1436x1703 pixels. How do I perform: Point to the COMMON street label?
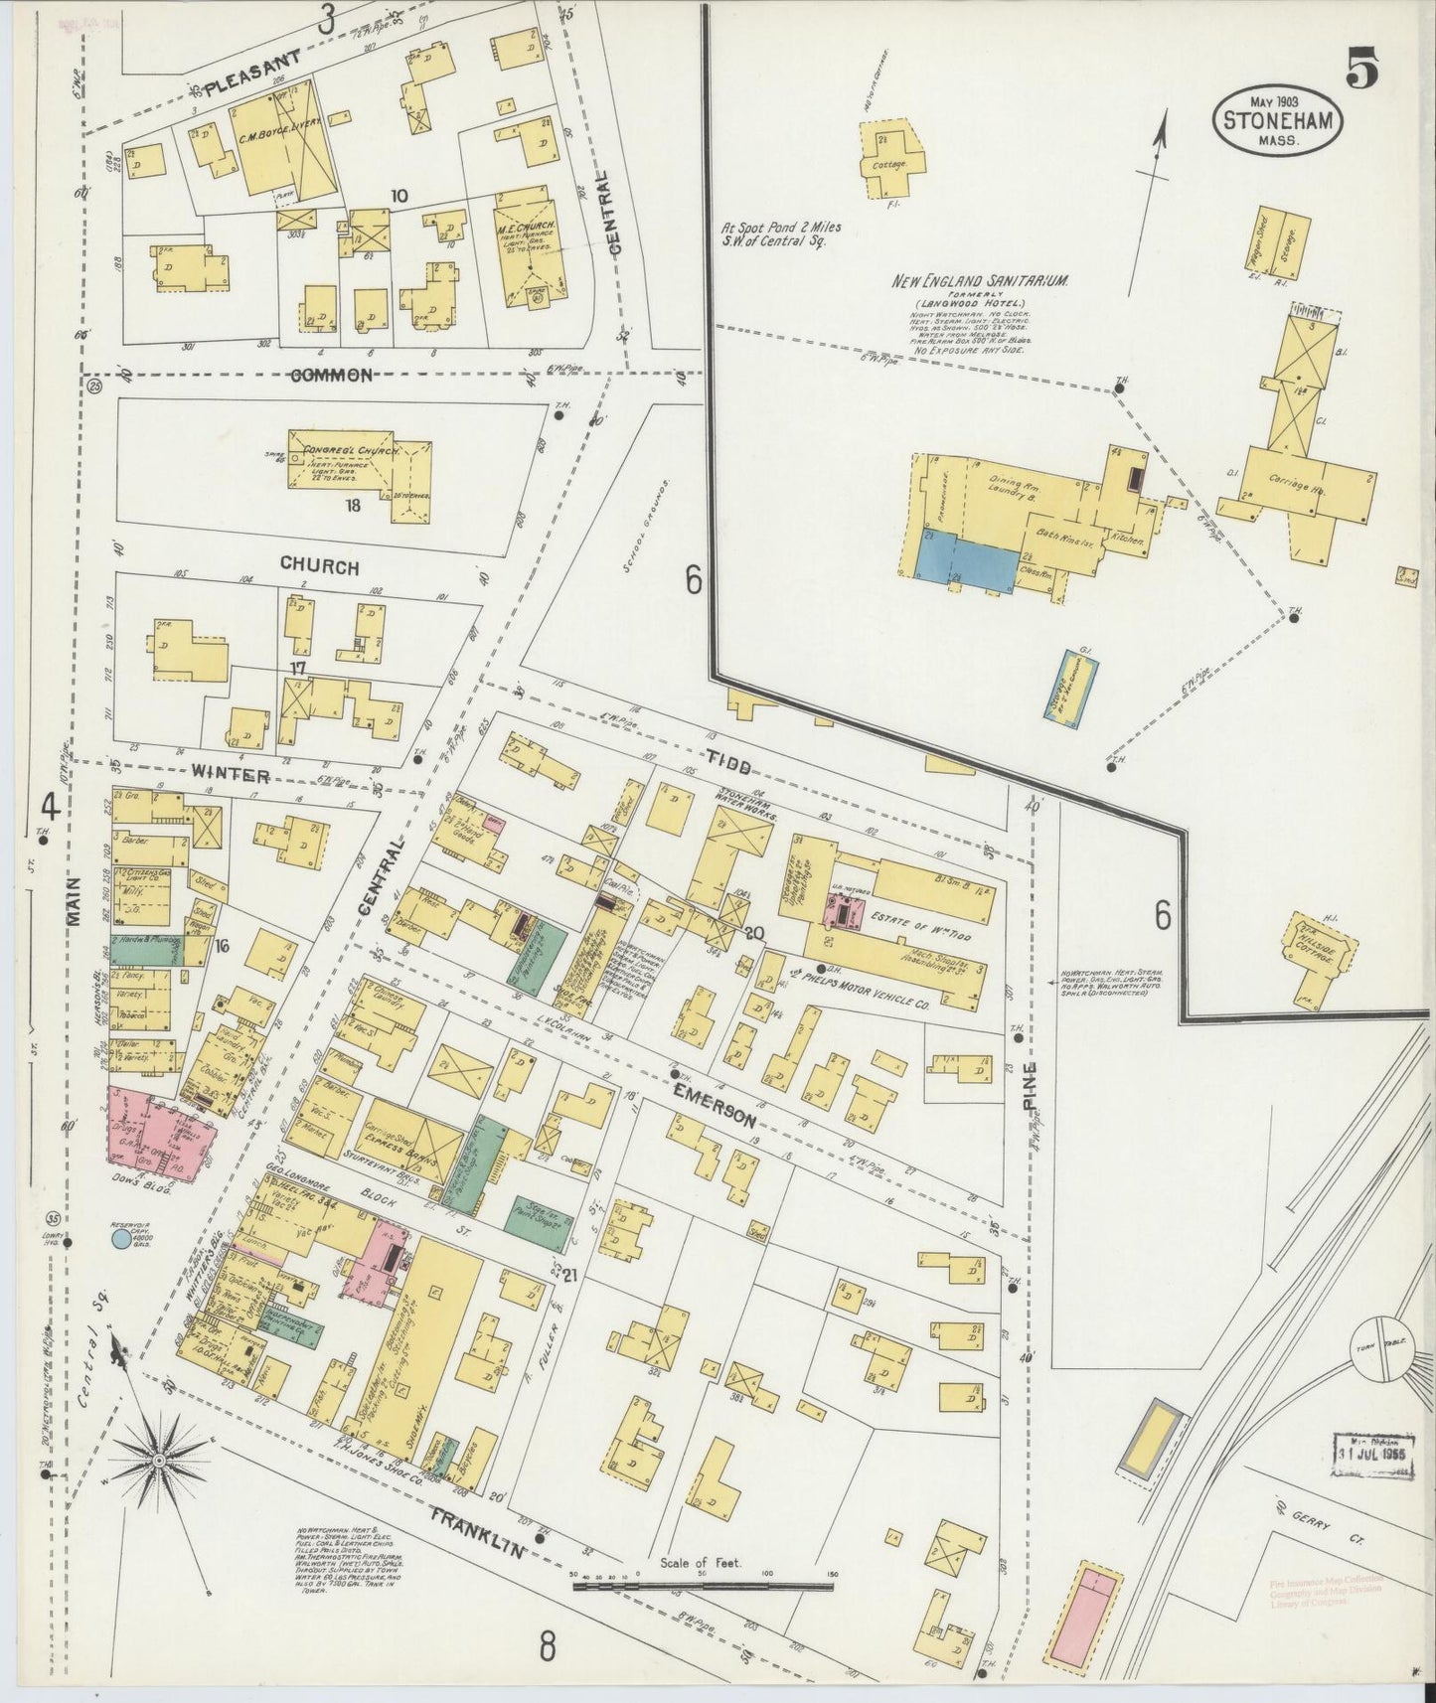[x=332, y=375]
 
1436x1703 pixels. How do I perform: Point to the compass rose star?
[x=159, y=1459]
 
